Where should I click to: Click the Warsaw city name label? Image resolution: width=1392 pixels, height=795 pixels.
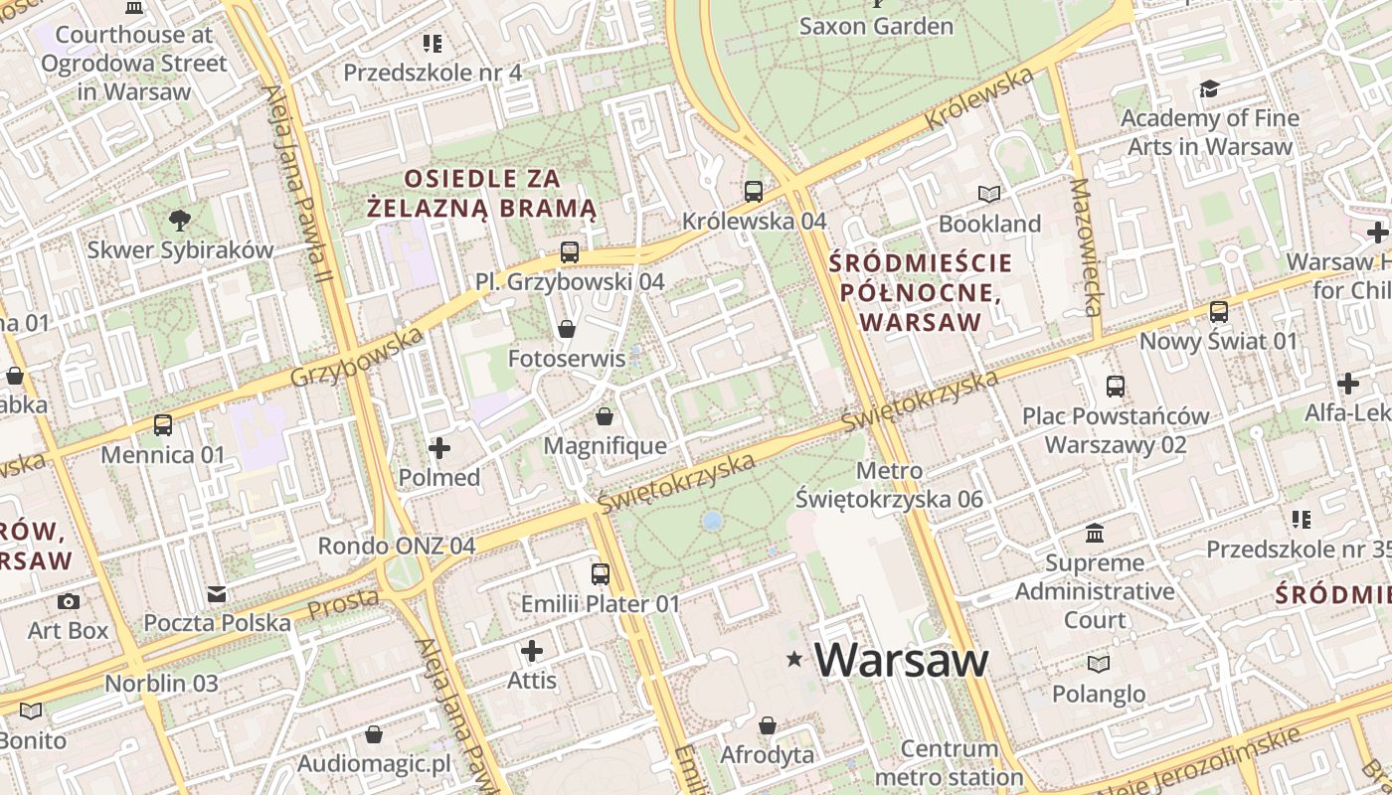(902, 660)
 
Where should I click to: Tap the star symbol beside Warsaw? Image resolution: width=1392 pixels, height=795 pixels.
(793, 659)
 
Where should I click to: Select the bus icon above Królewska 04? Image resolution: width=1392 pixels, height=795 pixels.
(754, 191)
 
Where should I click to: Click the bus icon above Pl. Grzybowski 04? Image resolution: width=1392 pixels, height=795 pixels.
(569, 252)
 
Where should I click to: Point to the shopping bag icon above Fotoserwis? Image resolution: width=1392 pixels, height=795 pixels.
(567, 328)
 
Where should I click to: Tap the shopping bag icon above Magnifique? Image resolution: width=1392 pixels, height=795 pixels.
(604, 416)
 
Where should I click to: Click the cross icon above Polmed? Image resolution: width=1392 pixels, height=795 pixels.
(438, 448)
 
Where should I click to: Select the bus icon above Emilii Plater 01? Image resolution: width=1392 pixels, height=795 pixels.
(601, 573)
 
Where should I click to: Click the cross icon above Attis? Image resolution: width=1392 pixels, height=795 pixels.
(532, 651)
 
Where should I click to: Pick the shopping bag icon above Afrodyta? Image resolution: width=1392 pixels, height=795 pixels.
(767, 725)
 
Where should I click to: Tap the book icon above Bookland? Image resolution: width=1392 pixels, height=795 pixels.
(988, 194)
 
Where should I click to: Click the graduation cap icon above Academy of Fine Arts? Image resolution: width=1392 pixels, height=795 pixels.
(1209, 89)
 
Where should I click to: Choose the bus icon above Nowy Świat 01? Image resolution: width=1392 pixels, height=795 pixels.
(1219, 312)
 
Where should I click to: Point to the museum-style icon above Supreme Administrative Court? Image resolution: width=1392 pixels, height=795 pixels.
(1095, 534)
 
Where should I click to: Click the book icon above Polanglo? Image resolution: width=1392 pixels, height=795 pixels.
(1099, 664)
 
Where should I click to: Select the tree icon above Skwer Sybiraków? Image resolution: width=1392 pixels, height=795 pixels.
(179, 220)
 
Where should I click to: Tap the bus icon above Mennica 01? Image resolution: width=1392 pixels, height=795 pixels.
(163, 425)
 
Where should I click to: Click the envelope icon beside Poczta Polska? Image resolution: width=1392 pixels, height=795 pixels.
(217, 594)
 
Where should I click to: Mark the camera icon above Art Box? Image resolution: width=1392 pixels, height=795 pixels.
(68, 601)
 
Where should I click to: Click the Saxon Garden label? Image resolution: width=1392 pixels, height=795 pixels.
(876, 26)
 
